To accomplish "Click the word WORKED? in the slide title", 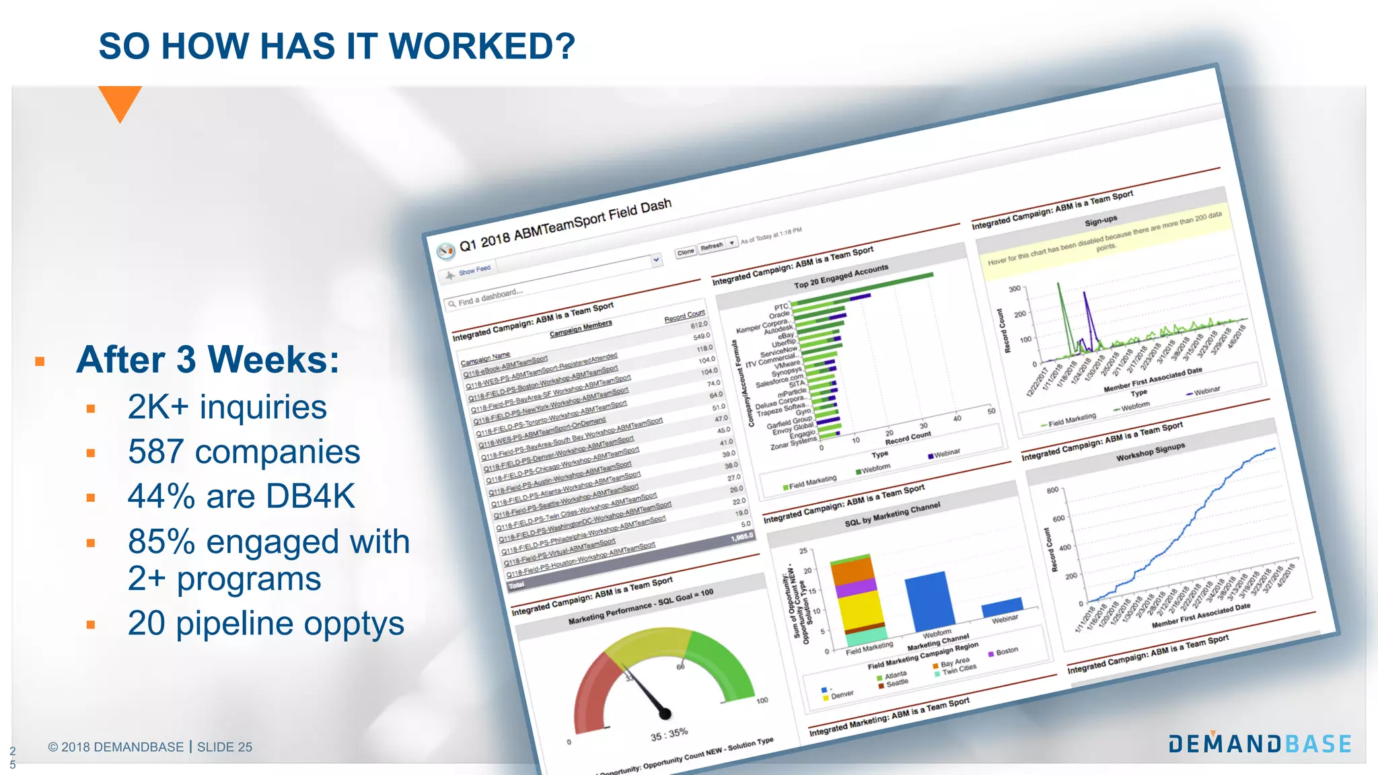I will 482,46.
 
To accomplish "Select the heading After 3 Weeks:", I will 208,359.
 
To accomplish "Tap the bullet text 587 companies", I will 244,452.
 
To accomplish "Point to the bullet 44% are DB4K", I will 241,496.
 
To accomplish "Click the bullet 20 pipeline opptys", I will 266,624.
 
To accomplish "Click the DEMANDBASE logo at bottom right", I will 1260,743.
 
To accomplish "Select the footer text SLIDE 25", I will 225,747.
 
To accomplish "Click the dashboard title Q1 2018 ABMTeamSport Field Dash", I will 565,224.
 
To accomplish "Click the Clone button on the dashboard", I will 686,252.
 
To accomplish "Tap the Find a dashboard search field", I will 491,297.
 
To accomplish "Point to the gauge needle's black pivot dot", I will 665,713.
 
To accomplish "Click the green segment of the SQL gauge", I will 723,663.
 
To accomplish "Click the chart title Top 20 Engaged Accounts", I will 841,276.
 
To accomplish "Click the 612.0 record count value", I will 699,325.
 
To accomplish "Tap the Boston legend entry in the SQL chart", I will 1007,651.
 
